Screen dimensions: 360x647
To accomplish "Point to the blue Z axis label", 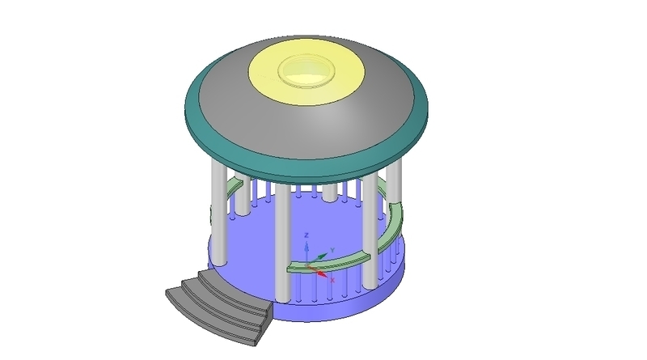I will pyautogui.click(x=307, y=235).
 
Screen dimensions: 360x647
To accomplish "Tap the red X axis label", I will pyautogui.click(x=332, y=279).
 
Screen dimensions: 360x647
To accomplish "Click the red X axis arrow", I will pyautogui.click(x=322, y=273).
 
